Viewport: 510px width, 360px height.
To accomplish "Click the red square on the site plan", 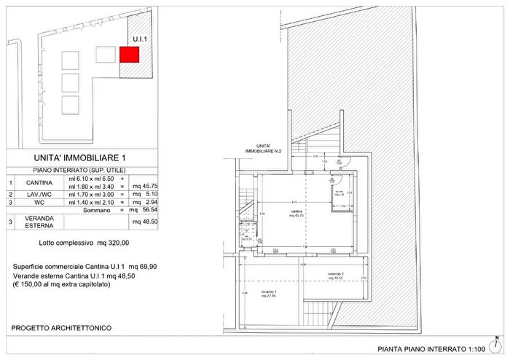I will click(129, 54).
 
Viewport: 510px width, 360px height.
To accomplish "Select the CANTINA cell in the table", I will click(39, 182).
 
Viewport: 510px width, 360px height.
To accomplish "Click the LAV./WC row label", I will click(39, 195).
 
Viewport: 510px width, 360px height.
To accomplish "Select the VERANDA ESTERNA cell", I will click(39, 222).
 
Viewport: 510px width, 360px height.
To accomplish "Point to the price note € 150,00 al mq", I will click(62, 284).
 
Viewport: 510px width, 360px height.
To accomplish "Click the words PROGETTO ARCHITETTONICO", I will click(61, 329).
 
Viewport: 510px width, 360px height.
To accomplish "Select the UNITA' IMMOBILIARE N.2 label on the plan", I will click(264, 149).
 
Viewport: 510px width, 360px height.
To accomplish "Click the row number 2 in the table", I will click(11, 195).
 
